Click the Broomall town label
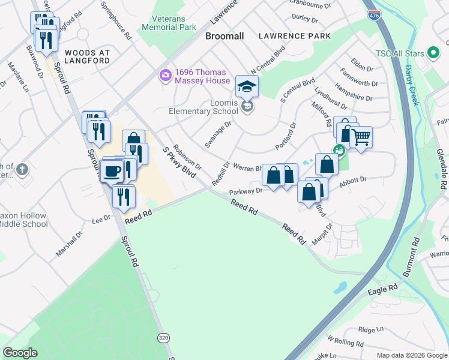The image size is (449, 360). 224,36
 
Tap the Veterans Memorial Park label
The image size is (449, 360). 169,23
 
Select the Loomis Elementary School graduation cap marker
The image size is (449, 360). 247,87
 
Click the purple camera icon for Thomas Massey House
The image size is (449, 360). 164,75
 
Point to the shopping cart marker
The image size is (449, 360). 361,137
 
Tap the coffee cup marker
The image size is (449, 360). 112,172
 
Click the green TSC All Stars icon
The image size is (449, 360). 433,53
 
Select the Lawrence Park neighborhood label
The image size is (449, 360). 294,36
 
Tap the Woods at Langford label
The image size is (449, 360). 87,56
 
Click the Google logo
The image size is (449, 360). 20,353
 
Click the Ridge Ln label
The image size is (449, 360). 370,329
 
